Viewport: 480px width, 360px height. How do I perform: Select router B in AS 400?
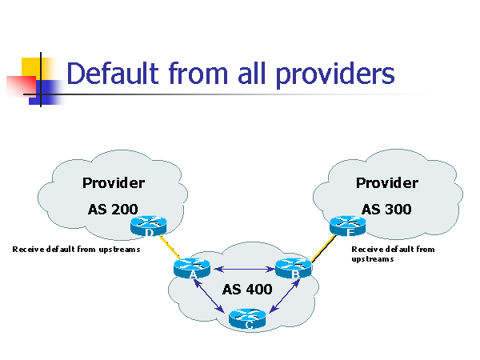[294, 269]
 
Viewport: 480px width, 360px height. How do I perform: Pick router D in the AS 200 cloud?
[150, 226]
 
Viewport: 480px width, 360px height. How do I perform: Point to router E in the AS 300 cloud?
[347, 225]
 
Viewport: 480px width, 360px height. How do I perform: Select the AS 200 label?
[113, 210]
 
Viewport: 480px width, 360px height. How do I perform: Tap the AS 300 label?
[386, 210]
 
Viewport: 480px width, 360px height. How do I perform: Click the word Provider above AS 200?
[113, 183]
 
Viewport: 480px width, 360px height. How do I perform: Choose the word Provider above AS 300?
[386, 183]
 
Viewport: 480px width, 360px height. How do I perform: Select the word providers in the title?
[335, 74]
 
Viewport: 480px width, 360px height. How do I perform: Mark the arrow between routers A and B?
[243, 268]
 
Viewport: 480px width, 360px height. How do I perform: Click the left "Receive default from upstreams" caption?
[76, 250]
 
